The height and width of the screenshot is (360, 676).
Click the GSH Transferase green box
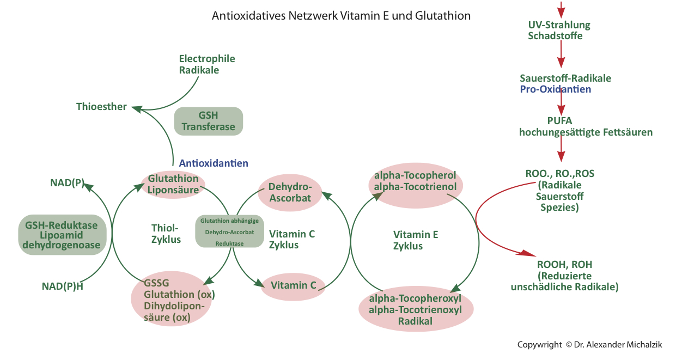(208, 121)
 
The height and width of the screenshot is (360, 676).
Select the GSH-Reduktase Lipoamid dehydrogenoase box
(61, 235)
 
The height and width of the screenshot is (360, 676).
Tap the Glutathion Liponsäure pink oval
(173, 184)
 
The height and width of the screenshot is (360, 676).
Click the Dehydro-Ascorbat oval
(290, 192)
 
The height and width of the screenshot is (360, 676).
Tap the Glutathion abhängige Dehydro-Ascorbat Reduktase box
(229, 231)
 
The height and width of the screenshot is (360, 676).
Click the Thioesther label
(101, 107)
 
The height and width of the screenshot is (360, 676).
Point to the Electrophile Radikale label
(207, 64)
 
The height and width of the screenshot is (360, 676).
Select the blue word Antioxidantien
(214, 163)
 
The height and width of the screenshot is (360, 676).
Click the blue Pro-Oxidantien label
(555, 89)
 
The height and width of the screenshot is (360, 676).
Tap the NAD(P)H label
(63, 286)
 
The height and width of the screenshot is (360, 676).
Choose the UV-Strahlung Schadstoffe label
(559, 30)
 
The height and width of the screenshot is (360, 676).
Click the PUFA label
(559, 120)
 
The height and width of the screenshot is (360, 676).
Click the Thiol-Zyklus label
(166, 234)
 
